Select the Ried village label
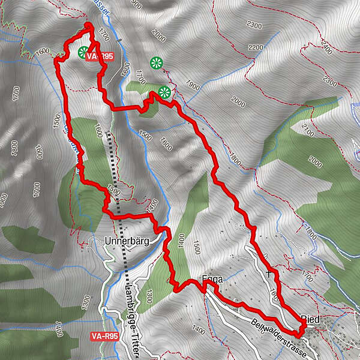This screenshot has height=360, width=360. (313, 318)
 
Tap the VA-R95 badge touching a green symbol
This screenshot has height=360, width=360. (100, 56)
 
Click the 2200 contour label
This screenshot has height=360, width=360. (255, 47)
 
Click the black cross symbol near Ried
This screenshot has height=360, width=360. (269, 274)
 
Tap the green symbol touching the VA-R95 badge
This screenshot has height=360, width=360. (83, 52)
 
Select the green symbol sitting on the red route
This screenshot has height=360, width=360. (164, 92)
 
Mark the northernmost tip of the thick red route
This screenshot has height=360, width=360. (88, 25)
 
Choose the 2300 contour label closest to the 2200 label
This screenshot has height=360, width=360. (254, 26)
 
